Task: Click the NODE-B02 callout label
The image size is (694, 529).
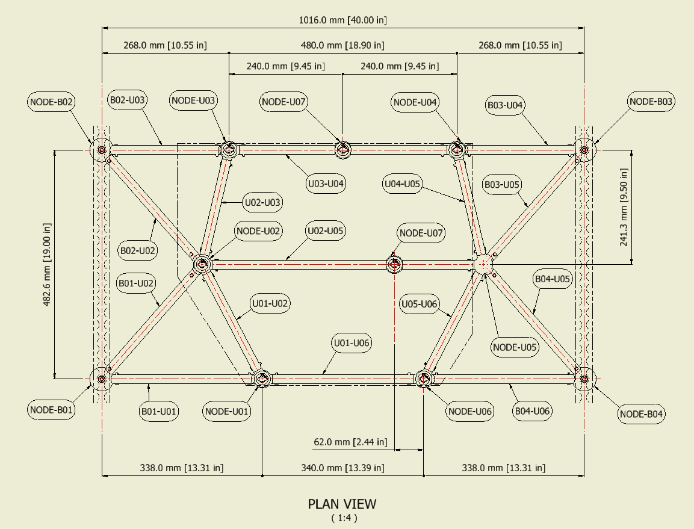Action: pos(51,102)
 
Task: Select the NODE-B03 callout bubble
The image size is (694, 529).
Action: pos(651,102)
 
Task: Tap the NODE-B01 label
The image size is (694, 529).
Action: pos(51,410)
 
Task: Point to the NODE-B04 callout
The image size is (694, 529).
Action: pos(642,414)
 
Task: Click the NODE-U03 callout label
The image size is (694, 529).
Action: pos(194,101)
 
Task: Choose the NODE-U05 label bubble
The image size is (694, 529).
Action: pos(515,347)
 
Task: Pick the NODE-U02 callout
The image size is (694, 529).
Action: pos(259,230)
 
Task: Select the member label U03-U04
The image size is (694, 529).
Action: pos(326,183)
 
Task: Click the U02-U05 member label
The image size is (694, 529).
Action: pos(326,230)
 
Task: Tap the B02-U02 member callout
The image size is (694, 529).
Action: pos(138,250)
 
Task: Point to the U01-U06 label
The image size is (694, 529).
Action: pos(352,343)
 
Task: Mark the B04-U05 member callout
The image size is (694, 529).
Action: pos(553,279)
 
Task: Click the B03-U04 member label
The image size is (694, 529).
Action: pos(505,105)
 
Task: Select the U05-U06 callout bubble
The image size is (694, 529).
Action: pos(420,304)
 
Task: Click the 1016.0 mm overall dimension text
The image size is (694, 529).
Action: pos(343,20)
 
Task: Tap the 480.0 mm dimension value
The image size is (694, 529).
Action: pos(342,45)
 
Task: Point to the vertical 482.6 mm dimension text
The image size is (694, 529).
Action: pos(47,264)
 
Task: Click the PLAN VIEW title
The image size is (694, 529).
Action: pos(342,504)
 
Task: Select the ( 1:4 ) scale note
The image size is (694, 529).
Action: pos(343,517)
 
